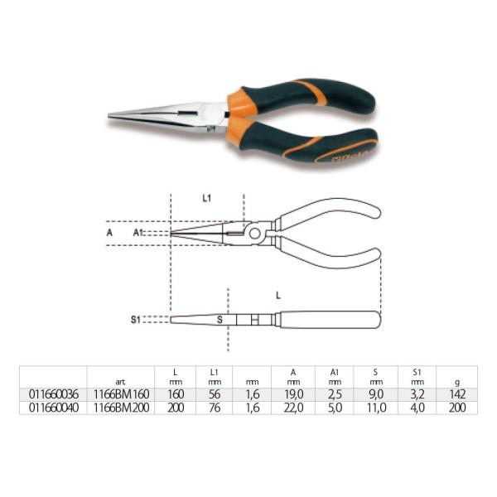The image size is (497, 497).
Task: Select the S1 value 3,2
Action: pyautogui.click(x=419, y=396)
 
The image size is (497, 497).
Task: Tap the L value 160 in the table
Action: pyautogui.click(x=175, y=396)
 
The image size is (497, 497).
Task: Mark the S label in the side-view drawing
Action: pyautogui.click(x=219, y=319)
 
